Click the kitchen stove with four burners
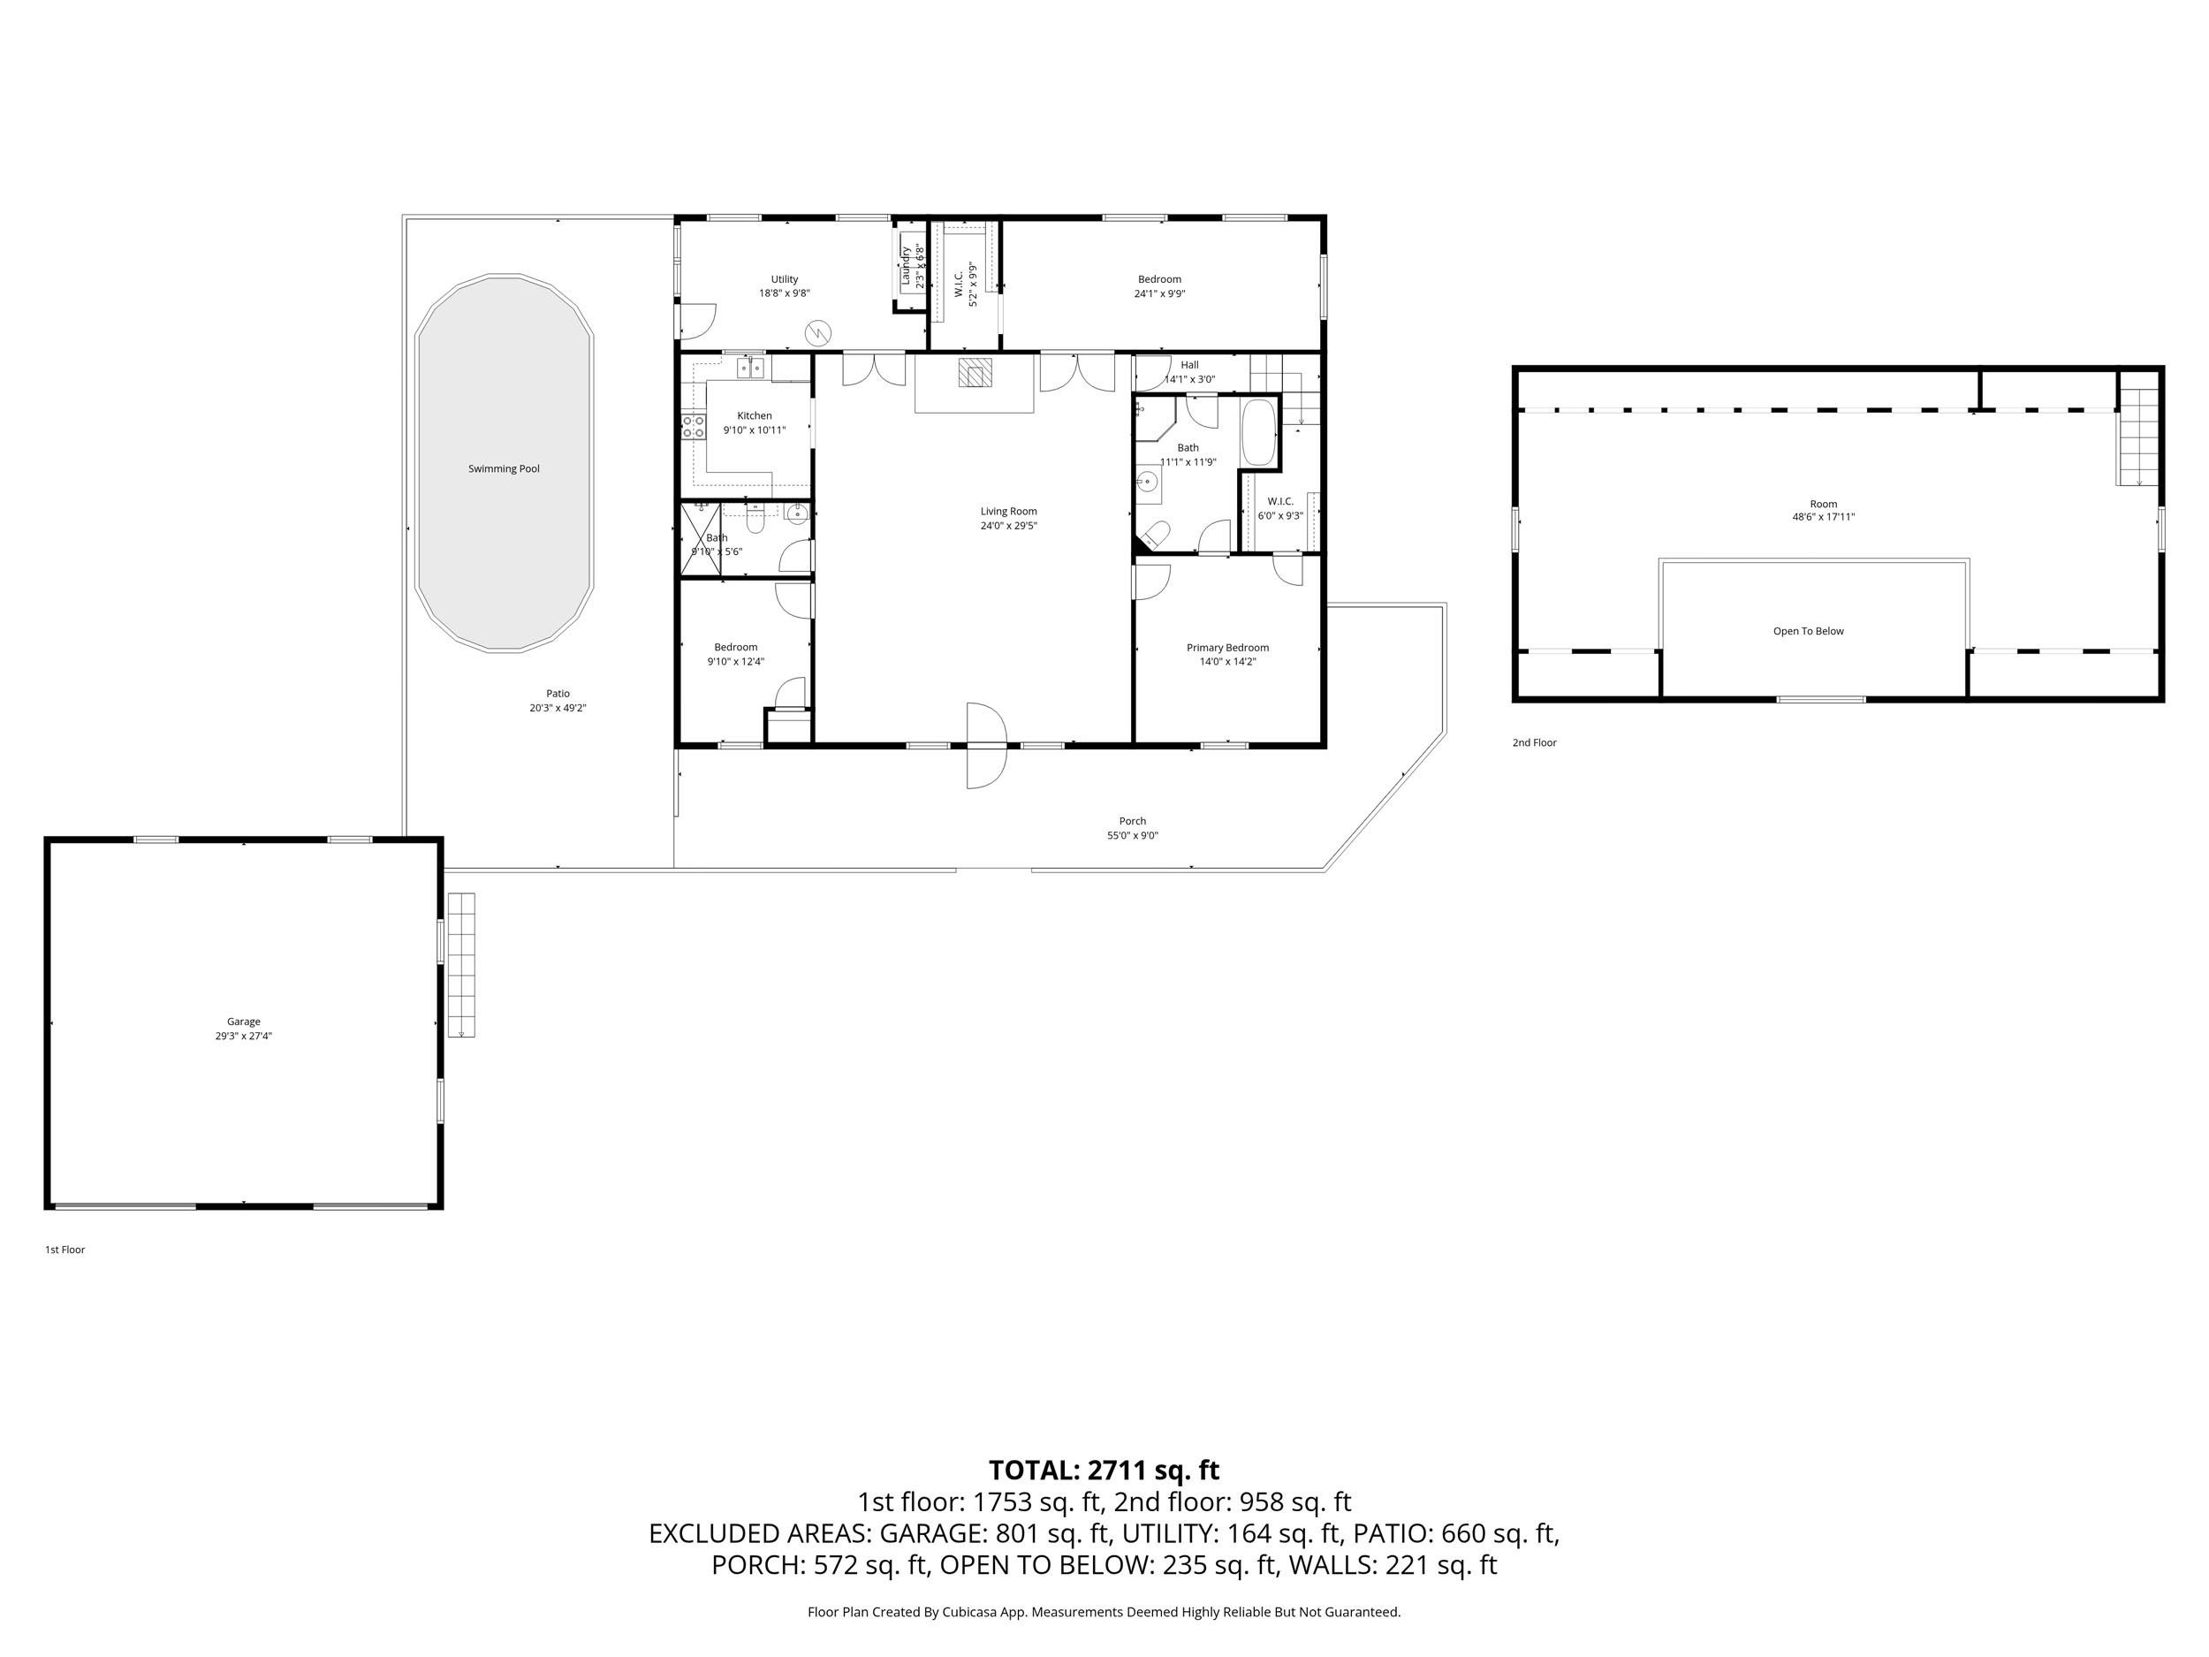[693, 428]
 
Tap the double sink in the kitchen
[751, 369]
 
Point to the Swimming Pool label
[505, 468]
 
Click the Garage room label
[244, 1022]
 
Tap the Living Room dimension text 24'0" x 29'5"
[1009, 525]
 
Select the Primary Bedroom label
[1227, 647]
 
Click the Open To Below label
[1809, 631]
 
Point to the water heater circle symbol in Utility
[818, 331]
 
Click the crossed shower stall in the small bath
[700, 539]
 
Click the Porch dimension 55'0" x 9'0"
[1133, 836]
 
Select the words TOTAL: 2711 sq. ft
[1104, 1471]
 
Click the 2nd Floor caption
[1534, 743]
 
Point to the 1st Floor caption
[65, 1250]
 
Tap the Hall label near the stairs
[1189, 365]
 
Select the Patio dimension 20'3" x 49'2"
[558, 708]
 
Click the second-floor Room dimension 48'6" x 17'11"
[1824, 517]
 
